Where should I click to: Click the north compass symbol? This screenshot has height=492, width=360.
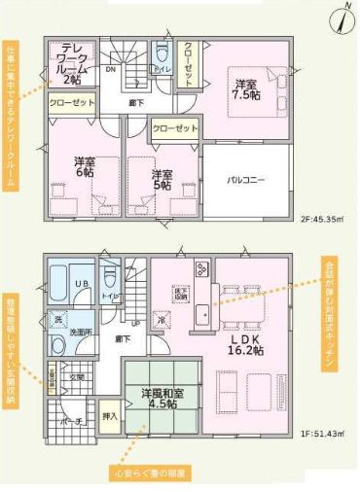click(343, 17)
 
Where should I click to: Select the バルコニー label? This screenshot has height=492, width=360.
click(247, 181)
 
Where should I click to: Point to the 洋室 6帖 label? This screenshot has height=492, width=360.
click(86, 167)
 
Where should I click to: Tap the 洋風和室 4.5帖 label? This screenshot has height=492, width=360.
click(159, 400)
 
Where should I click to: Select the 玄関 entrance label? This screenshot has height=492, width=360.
click(79, 377)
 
